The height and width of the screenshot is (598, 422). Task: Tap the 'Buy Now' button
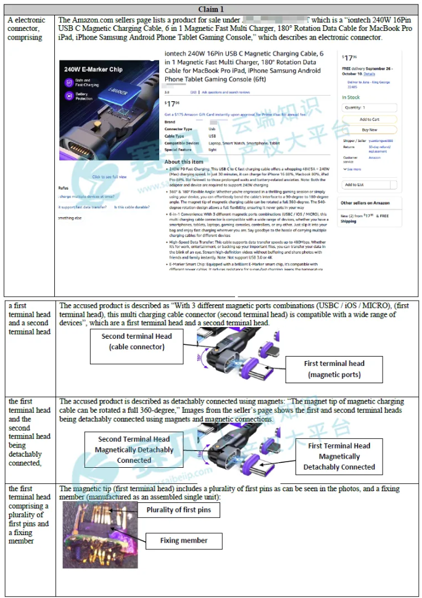[369, 130]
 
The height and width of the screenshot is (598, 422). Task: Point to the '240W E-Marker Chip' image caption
[94, 70]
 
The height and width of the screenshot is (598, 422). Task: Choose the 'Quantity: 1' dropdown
[369, 107]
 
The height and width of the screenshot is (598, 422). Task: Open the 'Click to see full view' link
[109, 177]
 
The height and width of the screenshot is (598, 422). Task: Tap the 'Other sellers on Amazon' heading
[365, 203]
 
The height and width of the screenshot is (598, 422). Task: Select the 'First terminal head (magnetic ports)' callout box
[334, 368]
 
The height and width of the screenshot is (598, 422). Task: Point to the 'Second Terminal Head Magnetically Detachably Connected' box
[134, 450]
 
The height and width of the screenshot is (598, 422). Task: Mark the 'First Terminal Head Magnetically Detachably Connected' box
[339, 456]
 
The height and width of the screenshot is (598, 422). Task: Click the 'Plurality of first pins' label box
[178, 510]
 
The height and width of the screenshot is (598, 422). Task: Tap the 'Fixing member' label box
[183, 541]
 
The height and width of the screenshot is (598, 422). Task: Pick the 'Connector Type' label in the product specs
[178, 129]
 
